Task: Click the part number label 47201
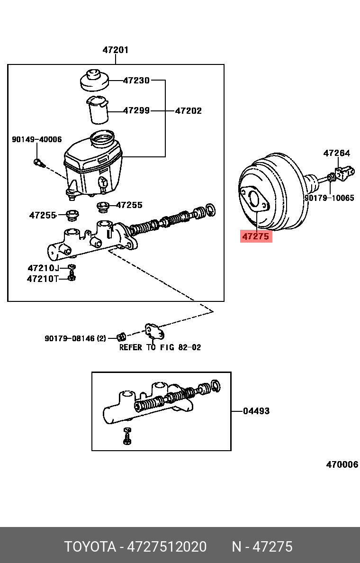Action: pyautogui.click(x=116, y=50)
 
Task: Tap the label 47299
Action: pyautogui.click(x=136, y=110)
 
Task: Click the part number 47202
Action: pyautogui.click(x=188, y=111)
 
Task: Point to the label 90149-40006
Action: pyautogui.click(x=36, y=139)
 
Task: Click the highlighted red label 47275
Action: pyautogui.click(x=256, y=236)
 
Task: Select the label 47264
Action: pyautogui.click(x=336, y=153)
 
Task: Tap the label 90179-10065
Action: pyautogui.click(x=329, y=198)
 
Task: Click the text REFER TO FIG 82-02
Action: pyautogui.click(x=160, y=347)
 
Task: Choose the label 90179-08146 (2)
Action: pyautogui.click(x=75, y=338)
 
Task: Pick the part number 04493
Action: pyautogui.click(x=256, y=411)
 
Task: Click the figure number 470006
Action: pyautogui.click(x=342, y=464)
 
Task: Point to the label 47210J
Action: pyautogui.click(x=43, y=268)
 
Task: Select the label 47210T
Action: pyautogui.click(x=43, y=279)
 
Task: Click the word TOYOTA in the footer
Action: pyautogui.click(x=90, y=547)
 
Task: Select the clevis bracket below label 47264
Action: pyautogui.click(x=345, y=172)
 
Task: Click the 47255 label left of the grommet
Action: pyautogui.click(x=43, y=215)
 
